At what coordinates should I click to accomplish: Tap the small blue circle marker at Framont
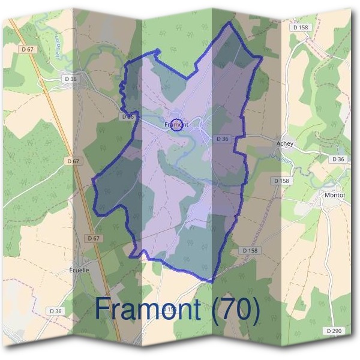176,125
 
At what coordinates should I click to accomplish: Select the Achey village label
284,144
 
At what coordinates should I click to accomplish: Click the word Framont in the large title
148,310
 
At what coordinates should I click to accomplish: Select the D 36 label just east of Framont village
221,139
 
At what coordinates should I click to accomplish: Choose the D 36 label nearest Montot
338,159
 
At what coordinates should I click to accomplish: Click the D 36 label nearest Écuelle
56,310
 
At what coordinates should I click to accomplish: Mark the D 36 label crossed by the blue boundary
127,116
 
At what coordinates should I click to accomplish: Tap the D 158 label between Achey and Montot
281,181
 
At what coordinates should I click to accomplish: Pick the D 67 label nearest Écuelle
93,238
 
